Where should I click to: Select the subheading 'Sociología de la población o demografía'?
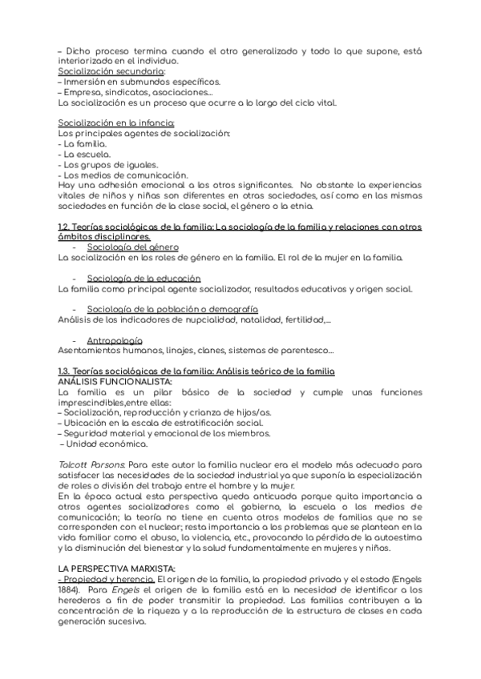172,309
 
